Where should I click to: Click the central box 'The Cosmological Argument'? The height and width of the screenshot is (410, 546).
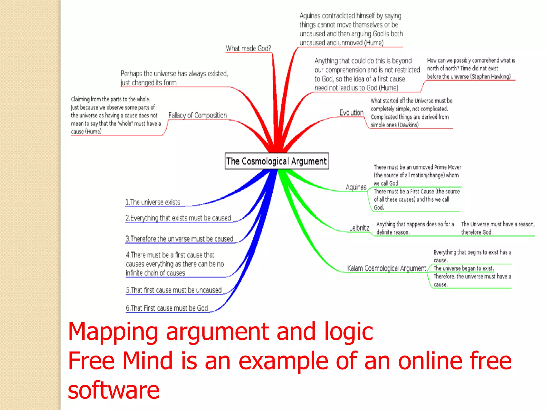point(276,161)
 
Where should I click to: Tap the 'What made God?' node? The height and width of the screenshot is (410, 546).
point(248,48)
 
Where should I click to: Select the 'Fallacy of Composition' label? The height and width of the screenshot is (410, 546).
point(198,115)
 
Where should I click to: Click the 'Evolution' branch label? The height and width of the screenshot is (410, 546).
point(351,113)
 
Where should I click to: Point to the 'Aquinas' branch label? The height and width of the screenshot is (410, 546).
point(356,187)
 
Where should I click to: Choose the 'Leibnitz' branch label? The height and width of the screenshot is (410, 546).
point(359,228)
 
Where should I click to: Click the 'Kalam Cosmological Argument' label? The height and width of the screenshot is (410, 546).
point(386,268)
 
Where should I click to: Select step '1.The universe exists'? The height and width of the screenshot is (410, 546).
point(153,202)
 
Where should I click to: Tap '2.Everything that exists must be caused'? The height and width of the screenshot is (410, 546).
point(178,218)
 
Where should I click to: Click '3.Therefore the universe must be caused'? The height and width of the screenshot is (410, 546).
point(179,239)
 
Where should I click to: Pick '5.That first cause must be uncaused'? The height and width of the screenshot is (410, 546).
point(174,290)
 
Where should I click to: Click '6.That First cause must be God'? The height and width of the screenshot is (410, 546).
point(167,308)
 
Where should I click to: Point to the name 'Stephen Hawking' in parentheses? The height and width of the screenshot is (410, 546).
point(491,77)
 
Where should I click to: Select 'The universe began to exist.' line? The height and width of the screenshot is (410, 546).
point(464,268)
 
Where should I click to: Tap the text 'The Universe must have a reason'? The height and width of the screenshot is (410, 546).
point(497,224)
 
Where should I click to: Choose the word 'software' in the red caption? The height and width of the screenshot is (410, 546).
point(114,390)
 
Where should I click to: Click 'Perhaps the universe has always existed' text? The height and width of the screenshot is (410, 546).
point(174,74)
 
